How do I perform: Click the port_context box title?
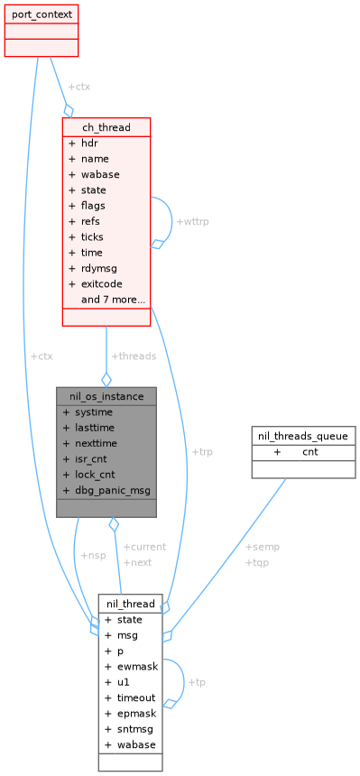click(41, 15)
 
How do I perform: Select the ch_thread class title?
click(106, 127)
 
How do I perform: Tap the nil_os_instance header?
click(106, 396)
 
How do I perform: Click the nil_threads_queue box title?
click(302, 436)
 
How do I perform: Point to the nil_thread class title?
click(130, 604)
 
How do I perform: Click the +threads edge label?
click(133, 356)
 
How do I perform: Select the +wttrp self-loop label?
click(192, 221)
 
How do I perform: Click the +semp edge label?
click(262, 547)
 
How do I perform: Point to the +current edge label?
click(144, 547)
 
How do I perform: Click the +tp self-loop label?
click(196, 681)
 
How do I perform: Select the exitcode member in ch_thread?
click(101, 283)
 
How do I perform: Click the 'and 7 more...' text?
click(113, 299)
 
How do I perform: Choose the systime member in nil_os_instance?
click(95, 412)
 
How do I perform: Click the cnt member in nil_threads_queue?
click(309, 452)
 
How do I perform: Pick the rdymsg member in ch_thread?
click(98, 268)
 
